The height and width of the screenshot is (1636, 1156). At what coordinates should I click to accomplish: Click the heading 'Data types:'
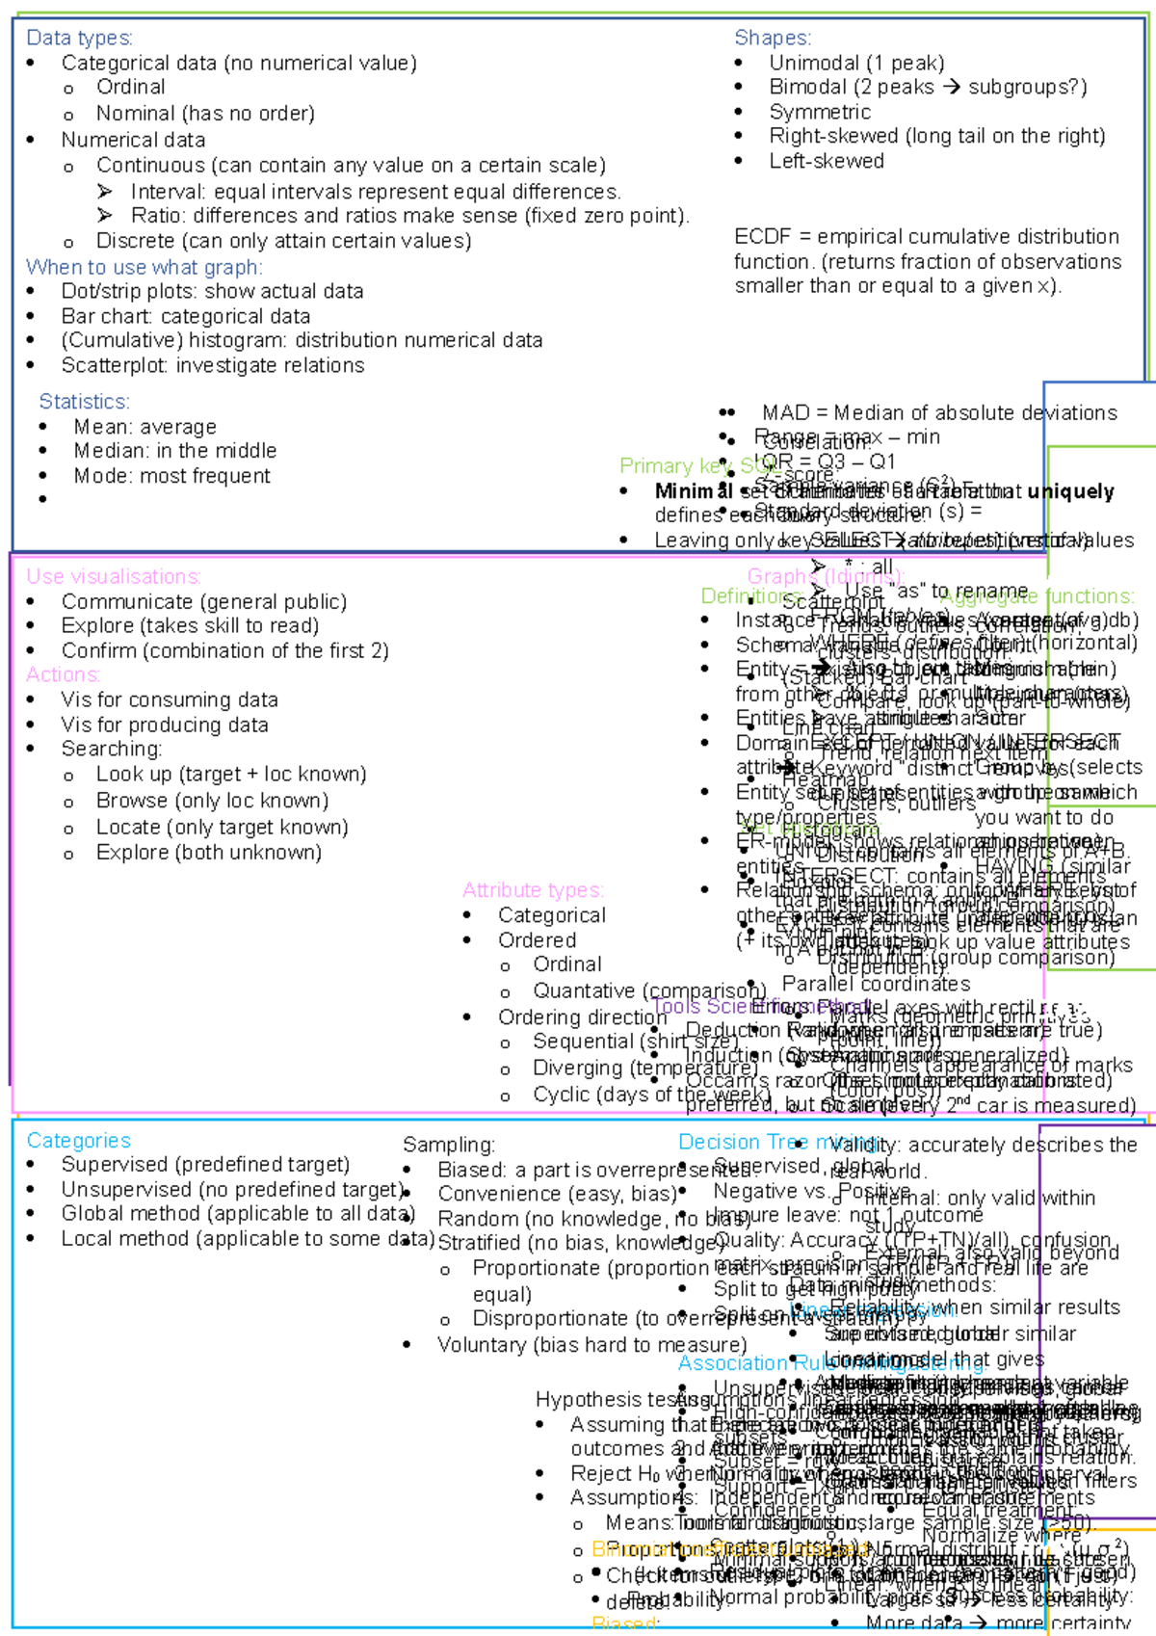[79, 38]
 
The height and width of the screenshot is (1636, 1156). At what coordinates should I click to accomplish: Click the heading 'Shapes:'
[773, 38]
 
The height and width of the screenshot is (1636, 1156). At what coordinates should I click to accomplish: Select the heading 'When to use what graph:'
[144, 267]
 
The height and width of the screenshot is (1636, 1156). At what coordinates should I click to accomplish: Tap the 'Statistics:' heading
[84, 402]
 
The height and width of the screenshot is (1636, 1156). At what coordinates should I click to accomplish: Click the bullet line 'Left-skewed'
[826, 161]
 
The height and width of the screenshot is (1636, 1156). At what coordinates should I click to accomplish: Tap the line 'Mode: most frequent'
[171, 476]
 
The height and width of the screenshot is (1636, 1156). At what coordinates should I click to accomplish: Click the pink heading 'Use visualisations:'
[114, 577]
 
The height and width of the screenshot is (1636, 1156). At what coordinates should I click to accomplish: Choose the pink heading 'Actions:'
[63, 674]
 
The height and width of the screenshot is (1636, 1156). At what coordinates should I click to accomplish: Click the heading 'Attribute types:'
[533, 890]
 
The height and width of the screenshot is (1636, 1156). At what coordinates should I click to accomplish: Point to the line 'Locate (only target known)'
[222, 828]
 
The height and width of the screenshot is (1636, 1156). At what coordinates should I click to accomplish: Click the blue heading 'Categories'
[78, 1141]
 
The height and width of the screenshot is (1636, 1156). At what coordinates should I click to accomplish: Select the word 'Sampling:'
[449, 1145]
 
